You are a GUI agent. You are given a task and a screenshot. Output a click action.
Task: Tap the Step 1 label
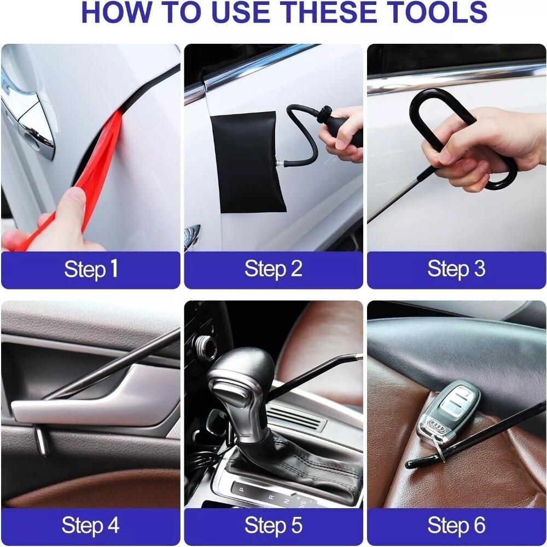(x=91, y=269)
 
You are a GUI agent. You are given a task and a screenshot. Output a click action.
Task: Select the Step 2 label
(x=273, y=269)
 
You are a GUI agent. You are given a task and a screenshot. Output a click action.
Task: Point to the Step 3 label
(x=456, y=269)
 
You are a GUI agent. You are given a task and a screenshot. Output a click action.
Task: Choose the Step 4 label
(x=91, y=526)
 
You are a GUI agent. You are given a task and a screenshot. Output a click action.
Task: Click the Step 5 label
(x=273, y=526)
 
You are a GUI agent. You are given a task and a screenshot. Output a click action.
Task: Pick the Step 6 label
(x=456, y=526)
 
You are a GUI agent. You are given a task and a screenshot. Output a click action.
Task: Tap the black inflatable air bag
(x=249, y=161)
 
